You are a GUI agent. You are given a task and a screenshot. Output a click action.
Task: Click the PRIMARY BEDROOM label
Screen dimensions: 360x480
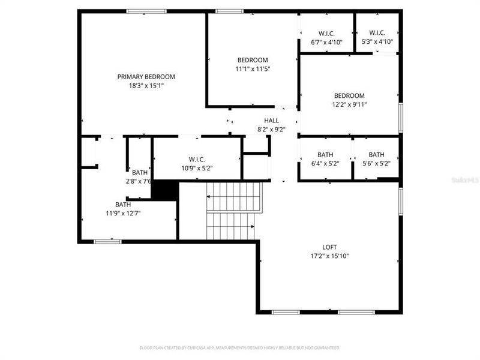point(146,77)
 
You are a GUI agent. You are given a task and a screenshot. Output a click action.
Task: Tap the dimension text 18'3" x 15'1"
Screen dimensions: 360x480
point(146,86)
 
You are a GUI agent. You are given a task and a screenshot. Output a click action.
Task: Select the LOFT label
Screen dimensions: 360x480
point(329,247)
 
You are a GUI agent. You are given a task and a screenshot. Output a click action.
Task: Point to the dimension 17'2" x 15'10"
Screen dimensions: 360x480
point(329,256)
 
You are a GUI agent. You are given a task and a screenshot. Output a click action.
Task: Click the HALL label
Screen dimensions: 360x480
point(271,121)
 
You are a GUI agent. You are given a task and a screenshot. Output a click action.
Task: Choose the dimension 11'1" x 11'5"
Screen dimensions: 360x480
point(253,69)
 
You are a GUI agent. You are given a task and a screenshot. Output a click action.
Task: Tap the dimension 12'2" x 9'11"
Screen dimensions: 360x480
point(349,104)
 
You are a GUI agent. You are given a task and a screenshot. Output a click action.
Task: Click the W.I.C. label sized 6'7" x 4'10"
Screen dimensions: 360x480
point(326,33)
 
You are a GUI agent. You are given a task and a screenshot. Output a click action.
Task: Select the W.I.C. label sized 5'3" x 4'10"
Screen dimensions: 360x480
point(377,33)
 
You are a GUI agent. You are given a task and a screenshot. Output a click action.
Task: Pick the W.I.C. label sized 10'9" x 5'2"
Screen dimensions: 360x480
point(197,159)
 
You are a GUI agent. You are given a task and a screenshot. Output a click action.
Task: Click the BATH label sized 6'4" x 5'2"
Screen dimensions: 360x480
point(325,154)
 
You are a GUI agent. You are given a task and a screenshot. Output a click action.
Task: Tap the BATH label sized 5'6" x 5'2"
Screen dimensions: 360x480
point(376,154)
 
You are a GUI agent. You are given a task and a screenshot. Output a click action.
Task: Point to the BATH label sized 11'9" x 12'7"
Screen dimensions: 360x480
point(123,205)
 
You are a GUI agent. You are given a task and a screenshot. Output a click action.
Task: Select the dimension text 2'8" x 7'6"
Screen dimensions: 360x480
point(139,181)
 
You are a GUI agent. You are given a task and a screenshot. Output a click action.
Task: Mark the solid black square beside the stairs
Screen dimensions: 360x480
point(164,190)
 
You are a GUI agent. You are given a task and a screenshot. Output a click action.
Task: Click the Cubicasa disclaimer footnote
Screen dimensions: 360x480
point(239,347)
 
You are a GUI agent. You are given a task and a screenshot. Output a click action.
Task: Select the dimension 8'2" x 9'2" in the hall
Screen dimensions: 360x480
point(271,129)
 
